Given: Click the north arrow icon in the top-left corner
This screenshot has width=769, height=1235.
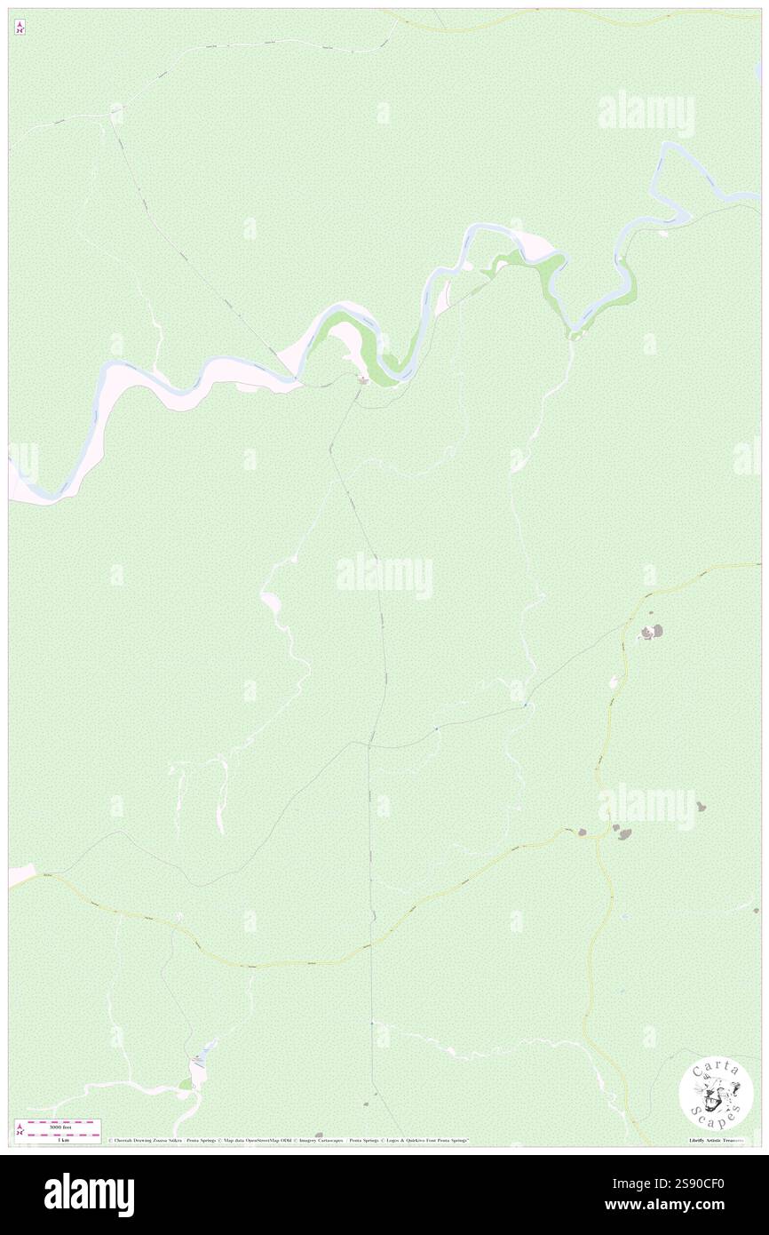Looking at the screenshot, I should [20, 27].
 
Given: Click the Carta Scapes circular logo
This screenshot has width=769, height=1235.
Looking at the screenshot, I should [716, 1093].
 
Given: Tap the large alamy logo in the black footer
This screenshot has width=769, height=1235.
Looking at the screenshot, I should [89, 1194].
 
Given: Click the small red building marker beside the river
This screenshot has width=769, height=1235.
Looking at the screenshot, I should [362, 380].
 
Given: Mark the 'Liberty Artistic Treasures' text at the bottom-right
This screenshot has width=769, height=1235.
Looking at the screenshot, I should [718, 1140].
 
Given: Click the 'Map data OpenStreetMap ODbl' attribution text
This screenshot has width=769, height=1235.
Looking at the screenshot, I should [258, 1140].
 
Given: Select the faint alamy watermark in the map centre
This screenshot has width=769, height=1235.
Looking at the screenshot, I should [384, 576].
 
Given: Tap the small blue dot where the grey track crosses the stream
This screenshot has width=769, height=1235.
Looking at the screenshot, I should [525, 706].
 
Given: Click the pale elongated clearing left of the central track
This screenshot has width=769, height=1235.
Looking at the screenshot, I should [270, 602].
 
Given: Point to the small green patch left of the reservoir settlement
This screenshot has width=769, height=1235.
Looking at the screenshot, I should [185, 1085].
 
